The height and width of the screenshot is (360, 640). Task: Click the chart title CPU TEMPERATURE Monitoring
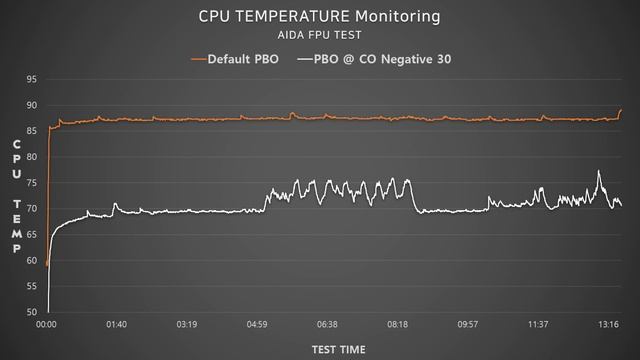tap(319, 17)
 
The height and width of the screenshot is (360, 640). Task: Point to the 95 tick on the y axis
tap(32, 79)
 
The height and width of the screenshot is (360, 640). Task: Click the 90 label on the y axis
tap(32, 105)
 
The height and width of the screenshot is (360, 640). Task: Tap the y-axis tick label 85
tap(32, 131)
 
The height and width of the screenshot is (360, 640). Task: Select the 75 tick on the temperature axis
tap(32, 183)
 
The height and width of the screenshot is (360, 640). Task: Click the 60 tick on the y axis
tap(32, 261)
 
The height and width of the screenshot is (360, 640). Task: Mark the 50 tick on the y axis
tap(32, 312)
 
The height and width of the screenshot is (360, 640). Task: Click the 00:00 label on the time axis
tap(47, 325)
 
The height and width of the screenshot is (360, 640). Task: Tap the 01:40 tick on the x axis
tap(117, 325)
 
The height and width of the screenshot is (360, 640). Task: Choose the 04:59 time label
tap(257, 325)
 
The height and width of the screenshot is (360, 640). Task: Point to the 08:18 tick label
tap(397, 325)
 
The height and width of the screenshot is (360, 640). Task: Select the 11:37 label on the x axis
tap(537, 325)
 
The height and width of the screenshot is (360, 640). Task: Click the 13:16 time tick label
tap(607, 325)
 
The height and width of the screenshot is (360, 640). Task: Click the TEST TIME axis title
tap(337, 349)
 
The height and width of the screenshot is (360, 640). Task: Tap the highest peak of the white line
tap(599, 171)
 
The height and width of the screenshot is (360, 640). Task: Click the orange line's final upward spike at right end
tap(621, 110)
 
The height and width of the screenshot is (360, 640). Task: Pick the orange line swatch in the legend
tap(196, 59)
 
